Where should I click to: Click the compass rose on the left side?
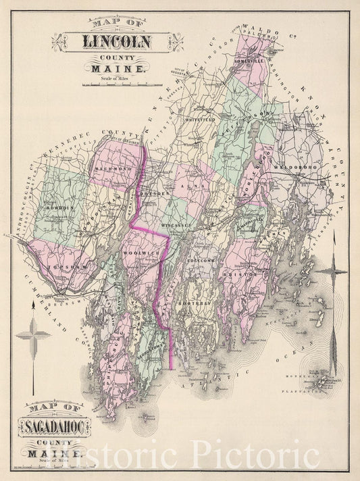[x=33, y=335]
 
